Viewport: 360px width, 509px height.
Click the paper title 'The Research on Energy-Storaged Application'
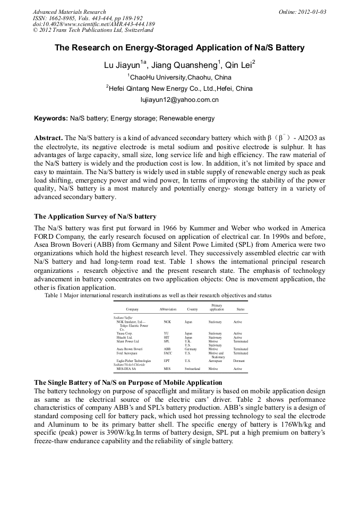[179, 48]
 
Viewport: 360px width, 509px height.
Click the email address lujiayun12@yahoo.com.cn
[179, 99]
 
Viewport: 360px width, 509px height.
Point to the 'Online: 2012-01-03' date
[302, 12]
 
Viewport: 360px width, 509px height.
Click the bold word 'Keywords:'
[51, 118]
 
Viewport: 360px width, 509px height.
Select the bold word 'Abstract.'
[49, 137]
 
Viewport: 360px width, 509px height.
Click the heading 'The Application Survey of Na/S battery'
[95, 217]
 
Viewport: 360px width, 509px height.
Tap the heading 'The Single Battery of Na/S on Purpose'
[127, 383]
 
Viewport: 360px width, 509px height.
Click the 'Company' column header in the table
[132, 309]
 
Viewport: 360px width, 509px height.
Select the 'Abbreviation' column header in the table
[168, 309]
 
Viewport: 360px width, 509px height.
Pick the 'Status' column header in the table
[240, 309]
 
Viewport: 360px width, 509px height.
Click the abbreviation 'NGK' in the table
[167, 322]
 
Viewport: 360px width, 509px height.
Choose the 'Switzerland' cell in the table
[192, 368]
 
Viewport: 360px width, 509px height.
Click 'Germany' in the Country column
[191, 349]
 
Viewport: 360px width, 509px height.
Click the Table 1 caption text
[158, 295]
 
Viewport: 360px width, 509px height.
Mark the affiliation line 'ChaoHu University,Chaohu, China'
[179, 77]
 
